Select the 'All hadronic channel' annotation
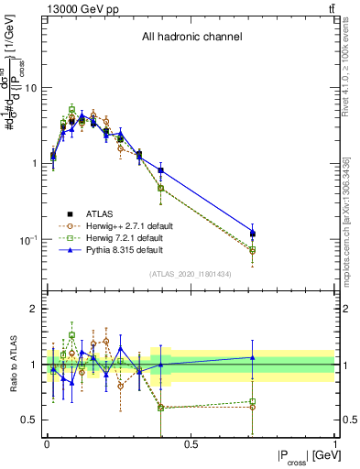191,38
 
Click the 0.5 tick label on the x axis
191,442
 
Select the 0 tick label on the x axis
47,442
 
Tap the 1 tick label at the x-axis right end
334,442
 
